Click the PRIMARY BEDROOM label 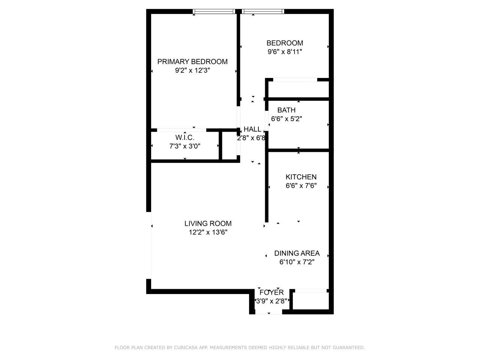pyautogui.click(x=192, y=61)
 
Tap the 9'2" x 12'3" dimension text pyautogui.click(x=192, y=70)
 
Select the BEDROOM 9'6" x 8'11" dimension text pyautogui.click(x=285, y=52)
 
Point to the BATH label pyautogui.click(x=286, y=110)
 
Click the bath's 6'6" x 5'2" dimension pyautogui.click(x=286, y=119)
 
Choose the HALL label pyautogui.click(x=252, y=129)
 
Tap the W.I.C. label pyautogui.click(x=185, y=138)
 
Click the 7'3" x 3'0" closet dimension pyautogui.click(x=185, y=146)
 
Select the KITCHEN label pyautogui.click(x=301, y=177)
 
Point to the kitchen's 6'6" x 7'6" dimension pyautogui.click(x=301, y=186)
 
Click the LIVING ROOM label pyautogui.click(x=208, y=223)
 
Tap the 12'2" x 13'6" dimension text pyautogui.click(x=208, y=232)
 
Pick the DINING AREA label pyautogui.click(x=297, y=253)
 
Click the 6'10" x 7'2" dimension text pyautogui.click(x=297, y=262)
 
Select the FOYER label pyautogui.click(x=271, y=292)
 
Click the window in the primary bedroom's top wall pyautogui.click(x=214, y=11)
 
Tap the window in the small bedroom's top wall pyautogui.click(x=263, y=11)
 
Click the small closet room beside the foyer pyautogui.click(x=310, y=300)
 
